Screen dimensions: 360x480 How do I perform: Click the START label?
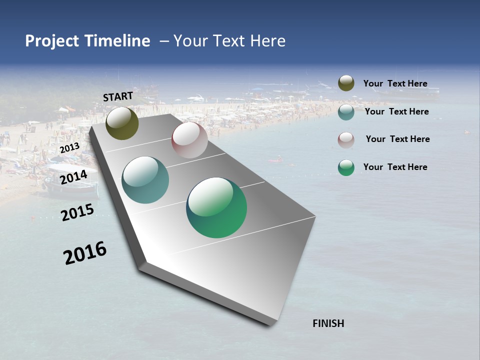118,96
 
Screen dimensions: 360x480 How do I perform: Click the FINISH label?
328,323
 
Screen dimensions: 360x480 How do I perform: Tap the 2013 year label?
69,148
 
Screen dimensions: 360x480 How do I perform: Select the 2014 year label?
73,177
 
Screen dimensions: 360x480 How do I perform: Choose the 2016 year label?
85,253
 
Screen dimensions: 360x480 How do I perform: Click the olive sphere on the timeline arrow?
122,123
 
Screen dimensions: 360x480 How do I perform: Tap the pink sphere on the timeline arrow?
189,140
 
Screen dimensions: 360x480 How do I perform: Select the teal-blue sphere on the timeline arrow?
145,180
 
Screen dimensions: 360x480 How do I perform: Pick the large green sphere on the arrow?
216,207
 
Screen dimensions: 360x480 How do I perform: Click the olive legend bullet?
346,83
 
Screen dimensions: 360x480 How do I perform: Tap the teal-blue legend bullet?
346,112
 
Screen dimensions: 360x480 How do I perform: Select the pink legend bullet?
346,140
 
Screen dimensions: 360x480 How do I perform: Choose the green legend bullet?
346,167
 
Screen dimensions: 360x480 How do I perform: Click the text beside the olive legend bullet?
395,83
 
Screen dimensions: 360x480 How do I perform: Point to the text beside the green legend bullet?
395,167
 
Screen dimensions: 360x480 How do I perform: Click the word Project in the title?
52,41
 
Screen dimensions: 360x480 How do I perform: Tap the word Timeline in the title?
117,41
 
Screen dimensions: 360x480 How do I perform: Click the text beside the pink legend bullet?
397,139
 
